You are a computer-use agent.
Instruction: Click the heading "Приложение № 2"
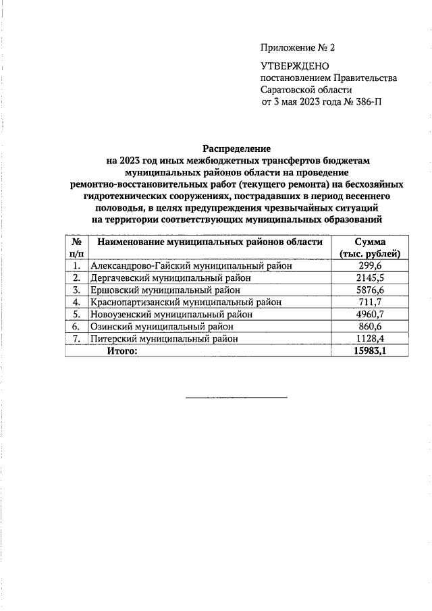[x=297, y=48]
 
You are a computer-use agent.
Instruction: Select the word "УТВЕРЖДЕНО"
[x=294, y=66]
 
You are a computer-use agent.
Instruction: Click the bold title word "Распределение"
[x=236, y=148]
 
